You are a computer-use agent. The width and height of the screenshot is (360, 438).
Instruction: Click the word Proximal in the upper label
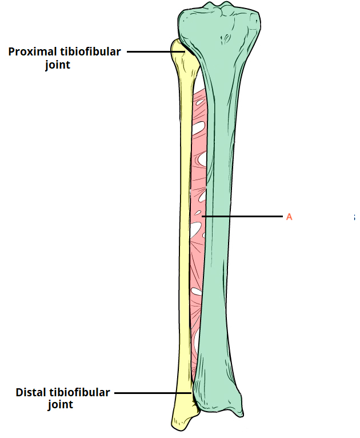(x=33, y=52)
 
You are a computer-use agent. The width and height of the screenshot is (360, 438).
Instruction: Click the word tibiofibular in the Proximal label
(x=90, y=52)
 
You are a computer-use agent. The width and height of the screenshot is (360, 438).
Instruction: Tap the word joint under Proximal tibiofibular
(x=57, y=65)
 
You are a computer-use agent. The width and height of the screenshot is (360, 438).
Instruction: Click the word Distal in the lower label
(x=31, y=393)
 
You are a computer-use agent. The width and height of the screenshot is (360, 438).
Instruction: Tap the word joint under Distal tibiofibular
(x=60, y=405)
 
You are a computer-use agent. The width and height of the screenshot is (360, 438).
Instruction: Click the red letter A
(x=289, y=217)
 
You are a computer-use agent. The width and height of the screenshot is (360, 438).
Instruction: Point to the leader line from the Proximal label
(x=154, y=51)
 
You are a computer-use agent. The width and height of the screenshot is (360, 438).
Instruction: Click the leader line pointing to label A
(x=243, y=217)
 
